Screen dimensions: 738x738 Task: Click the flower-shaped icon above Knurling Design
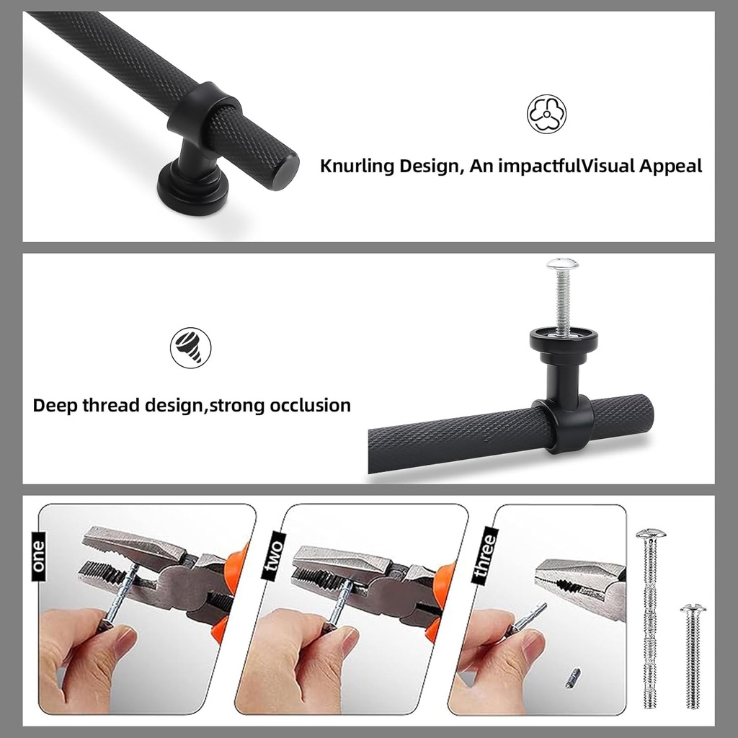pos(546,114)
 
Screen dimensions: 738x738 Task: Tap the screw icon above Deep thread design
pos(190,348)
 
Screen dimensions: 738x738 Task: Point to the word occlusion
pos(310,405)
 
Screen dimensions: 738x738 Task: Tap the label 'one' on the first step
pos(39,556)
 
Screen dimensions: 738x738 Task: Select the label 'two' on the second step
pos(273,555)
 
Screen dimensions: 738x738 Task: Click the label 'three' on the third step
pos(485,556)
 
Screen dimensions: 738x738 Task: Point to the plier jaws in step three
pos(581,582)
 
